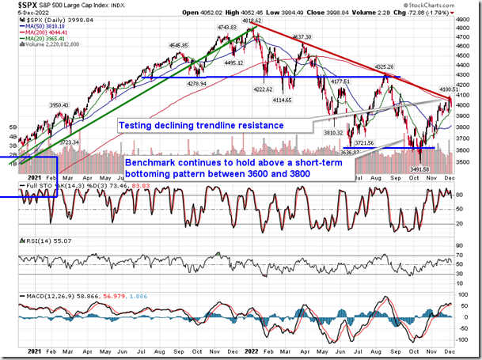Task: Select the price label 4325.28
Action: (386, 67)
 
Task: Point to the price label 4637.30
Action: (305, 36)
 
